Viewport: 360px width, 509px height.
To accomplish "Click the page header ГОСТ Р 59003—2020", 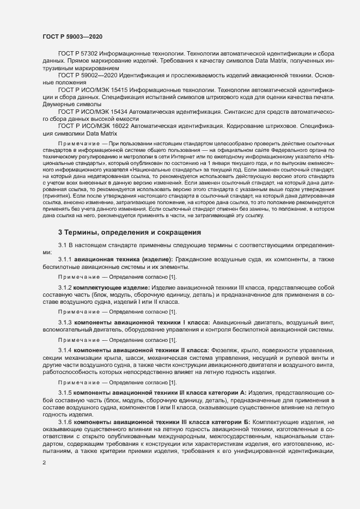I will (x=72, y=36).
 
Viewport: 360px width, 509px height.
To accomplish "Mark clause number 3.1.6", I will (x=65, y=422).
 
